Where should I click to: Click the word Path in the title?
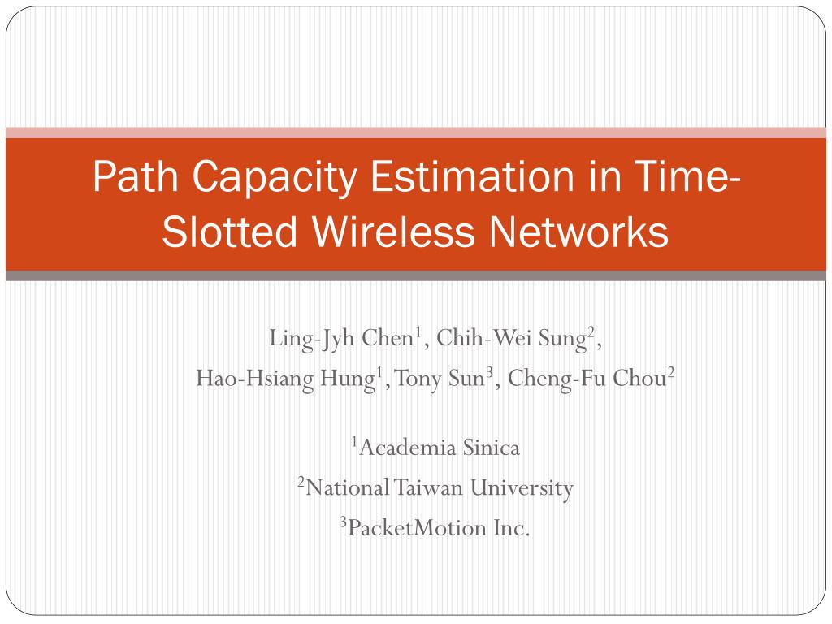tap(136, 176)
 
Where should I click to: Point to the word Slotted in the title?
tap(229, 231)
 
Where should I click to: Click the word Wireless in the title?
tap(392, 231)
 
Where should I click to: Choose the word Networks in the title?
tap(578, 231)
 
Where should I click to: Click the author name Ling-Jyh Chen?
tap(341, 339)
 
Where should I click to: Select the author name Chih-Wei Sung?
tap(512, 339)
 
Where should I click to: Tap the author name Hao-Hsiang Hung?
tap(285, 379)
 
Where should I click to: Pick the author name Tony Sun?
tap(440, 379)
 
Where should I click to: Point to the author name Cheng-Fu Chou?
tap(587, 379)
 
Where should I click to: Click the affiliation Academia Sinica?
tap(440, 448)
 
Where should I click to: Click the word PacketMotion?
tap(417, 528)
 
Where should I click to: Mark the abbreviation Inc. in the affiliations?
tap(512, 528)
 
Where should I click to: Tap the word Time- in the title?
tap(687, 176)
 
